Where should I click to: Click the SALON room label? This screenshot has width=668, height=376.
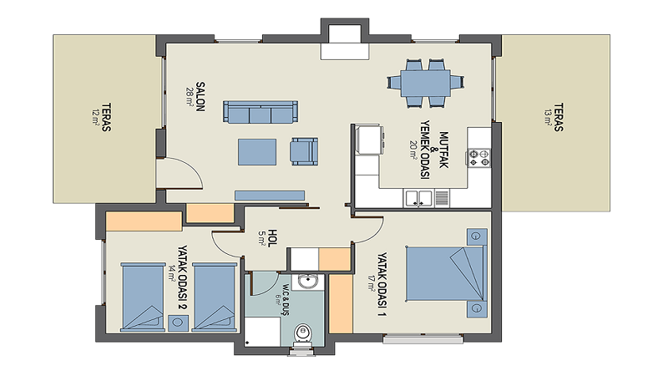click(200, 97)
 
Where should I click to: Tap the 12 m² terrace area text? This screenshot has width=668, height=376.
click(95, 117)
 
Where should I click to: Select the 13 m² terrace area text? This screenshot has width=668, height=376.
click(548, 117)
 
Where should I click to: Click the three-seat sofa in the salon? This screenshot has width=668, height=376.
click(261, 112)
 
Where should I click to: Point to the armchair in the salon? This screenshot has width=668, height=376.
click(304, 151)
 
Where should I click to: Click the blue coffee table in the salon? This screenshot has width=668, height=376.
click(257, 152)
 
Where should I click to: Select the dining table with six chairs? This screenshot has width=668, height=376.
click(426, 83)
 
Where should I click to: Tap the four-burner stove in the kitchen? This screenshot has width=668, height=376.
click(479, 158)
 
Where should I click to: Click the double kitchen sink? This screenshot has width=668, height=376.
click(419, 199)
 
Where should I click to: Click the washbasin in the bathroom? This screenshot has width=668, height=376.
click(306, 282)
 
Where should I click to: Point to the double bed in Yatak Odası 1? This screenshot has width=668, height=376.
click(446, 273)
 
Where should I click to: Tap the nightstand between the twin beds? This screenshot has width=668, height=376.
click(178, 323)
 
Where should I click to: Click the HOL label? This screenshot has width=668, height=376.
click(272, 238)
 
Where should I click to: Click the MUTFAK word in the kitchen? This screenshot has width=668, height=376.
click(443, 150)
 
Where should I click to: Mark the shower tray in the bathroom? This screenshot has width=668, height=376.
click(262, 332)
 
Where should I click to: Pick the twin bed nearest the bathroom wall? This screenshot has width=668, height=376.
click(215, 297)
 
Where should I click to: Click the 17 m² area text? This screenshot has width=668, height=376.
click(371, 282)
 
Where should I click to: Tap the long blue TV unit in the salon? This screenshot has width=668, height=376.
click(270, 196)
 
